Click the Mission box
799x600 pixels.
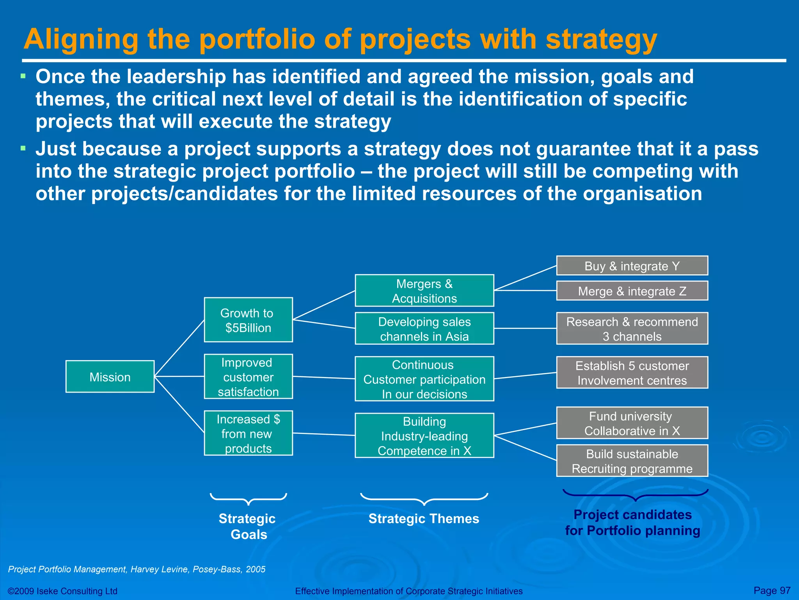(x=110, y=377)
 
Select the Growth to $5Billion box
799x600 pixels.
(x=248, y=320)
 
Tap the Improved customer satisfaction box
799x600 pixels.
(x=248, y=377)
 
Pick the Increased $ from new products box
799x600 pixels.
(x=248, y=433)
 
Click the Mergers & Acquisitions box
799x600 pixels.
(x=424, y=291)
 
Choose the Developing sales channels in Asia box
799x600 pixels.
(x=424, y=329)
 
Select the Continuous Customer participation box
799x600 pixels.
(x=424, y=379)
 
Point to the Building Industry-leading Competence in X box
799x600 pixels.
(x=424, y=436)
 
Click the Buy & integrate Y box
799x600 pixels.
(x=632, y=266)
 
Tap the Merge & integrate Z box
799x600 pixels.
(x=632, y=291)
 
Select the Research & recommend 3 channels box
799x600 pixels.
(x=632, y=329)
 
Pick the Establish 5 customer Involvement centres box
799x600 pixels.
(x=632, y=373)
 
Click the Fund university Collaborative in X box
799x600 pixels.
(x=632, y=423)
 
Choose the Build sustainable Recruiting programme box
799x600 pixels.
(x=632, y=461)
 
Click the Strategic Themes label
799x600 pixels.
(x=424, y=518)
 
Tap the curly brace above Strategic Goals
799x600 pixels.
(x=248, y=499)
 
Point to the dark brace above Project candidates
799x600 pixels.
(x=635, y=495)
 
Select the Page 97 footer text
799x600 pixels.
(x=772, y=590)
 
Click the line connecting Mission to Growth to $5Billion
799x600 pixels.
(x=179, y=348)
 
